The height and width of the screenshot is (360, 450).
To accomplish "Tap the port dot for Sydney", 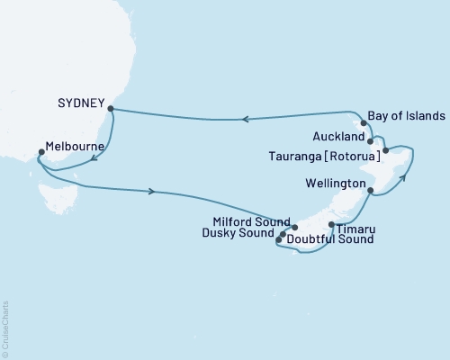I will (110, 109).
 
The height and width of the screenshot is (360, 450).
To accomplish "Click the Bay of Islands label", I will (407, 118).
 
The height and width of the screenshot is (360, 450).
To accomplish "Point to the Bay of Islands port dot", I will (364, 122).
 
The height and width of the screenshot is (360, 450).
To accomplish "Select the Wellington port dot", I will (371, 190).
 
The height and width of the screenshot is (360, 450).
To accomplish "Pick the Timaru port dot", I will (331, 224).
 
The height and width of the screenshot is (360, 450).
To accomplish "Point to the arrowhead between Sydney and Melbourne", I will (94, 162).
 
